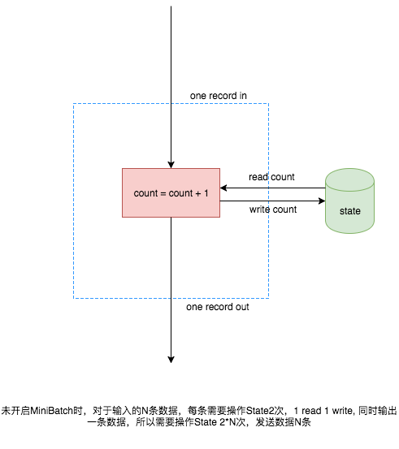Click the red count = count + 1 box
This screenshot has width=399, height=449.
tap(171, 192)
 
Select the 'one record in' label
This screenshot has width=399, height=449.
tap(218, 96)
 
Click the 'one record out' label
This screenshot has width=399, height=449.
tap(217, 308)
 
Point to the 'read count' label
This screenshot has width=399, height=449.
tap(271, 177)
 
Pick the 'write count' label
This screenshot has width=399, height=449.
tap(272, 209)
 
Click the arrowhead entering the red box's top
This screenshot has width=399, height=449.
tap(171, 164)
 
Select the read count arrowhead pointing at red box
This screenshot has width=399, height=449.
tap(224, 188)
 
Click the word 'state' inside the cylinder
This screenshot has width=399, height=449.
tap(350, 211)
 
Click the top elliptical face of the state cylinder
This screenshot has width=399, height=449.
tap(350, 176)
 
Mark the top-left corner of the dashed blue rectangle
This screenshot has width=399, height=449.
tap(74, 104)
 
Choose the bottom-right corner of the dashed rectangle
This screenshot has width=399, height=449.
tap(268, 298)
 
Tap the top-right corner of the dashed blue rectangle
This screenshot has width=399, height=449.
tap(268, 104)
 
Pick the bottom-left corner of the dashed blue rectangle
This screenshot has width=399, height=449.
tap(74, 298)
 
